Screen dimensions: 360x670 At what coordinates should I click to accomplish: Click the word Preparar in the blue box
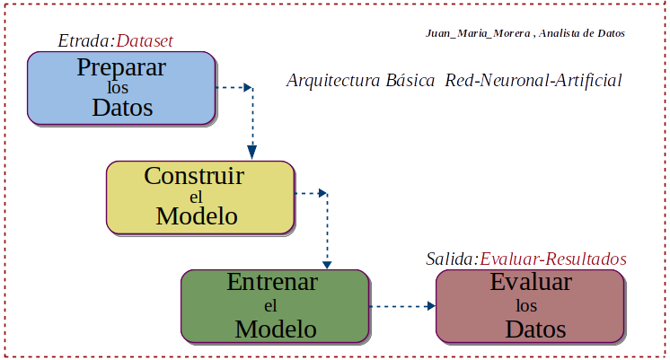pos(121,67)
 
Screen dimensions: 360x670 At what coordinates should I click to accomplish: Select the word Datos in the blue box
pos(122,108)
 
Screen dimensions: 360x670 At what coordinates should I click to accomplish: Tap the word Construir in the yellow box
pos(194,175)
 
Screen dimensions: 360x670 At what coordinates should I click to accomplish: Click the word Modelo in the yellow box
pos(197,215)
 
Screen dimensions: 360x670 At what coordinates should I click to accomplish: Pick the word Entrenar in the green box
pos(272,282)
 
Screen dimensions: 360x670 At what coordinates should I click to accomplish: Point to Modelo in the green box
pos(276,329)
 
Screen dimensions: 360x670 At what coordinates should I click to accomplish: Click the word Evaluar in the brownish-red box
pos(531,282)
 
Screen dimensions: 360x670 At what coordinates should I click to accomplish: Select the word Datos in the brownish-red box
pos(535,329)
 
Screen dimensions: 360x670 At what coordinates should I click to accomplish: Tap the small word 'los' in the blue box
pos(119,88)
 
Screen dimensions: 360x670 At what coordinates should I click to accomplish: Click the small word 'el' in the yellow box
pos(196,196)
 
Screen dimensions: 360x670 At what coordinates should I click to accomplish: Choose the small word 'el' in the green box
pos(270,305)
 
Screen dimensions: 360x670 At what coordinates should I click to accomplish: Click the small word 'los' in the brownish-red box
pos(526,305)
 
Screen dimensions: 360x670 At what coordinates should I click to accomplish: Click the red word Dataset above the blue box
pos(145,40)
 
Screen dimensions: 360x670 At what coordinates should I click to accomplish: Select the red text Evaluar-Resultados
pos(553,259)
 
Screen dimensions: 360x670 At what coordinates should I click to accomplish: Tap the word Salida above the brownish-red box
pos(450,259)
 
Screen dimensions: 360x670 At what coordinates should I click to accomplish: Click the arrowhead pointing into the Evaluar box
pos(430,306)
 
